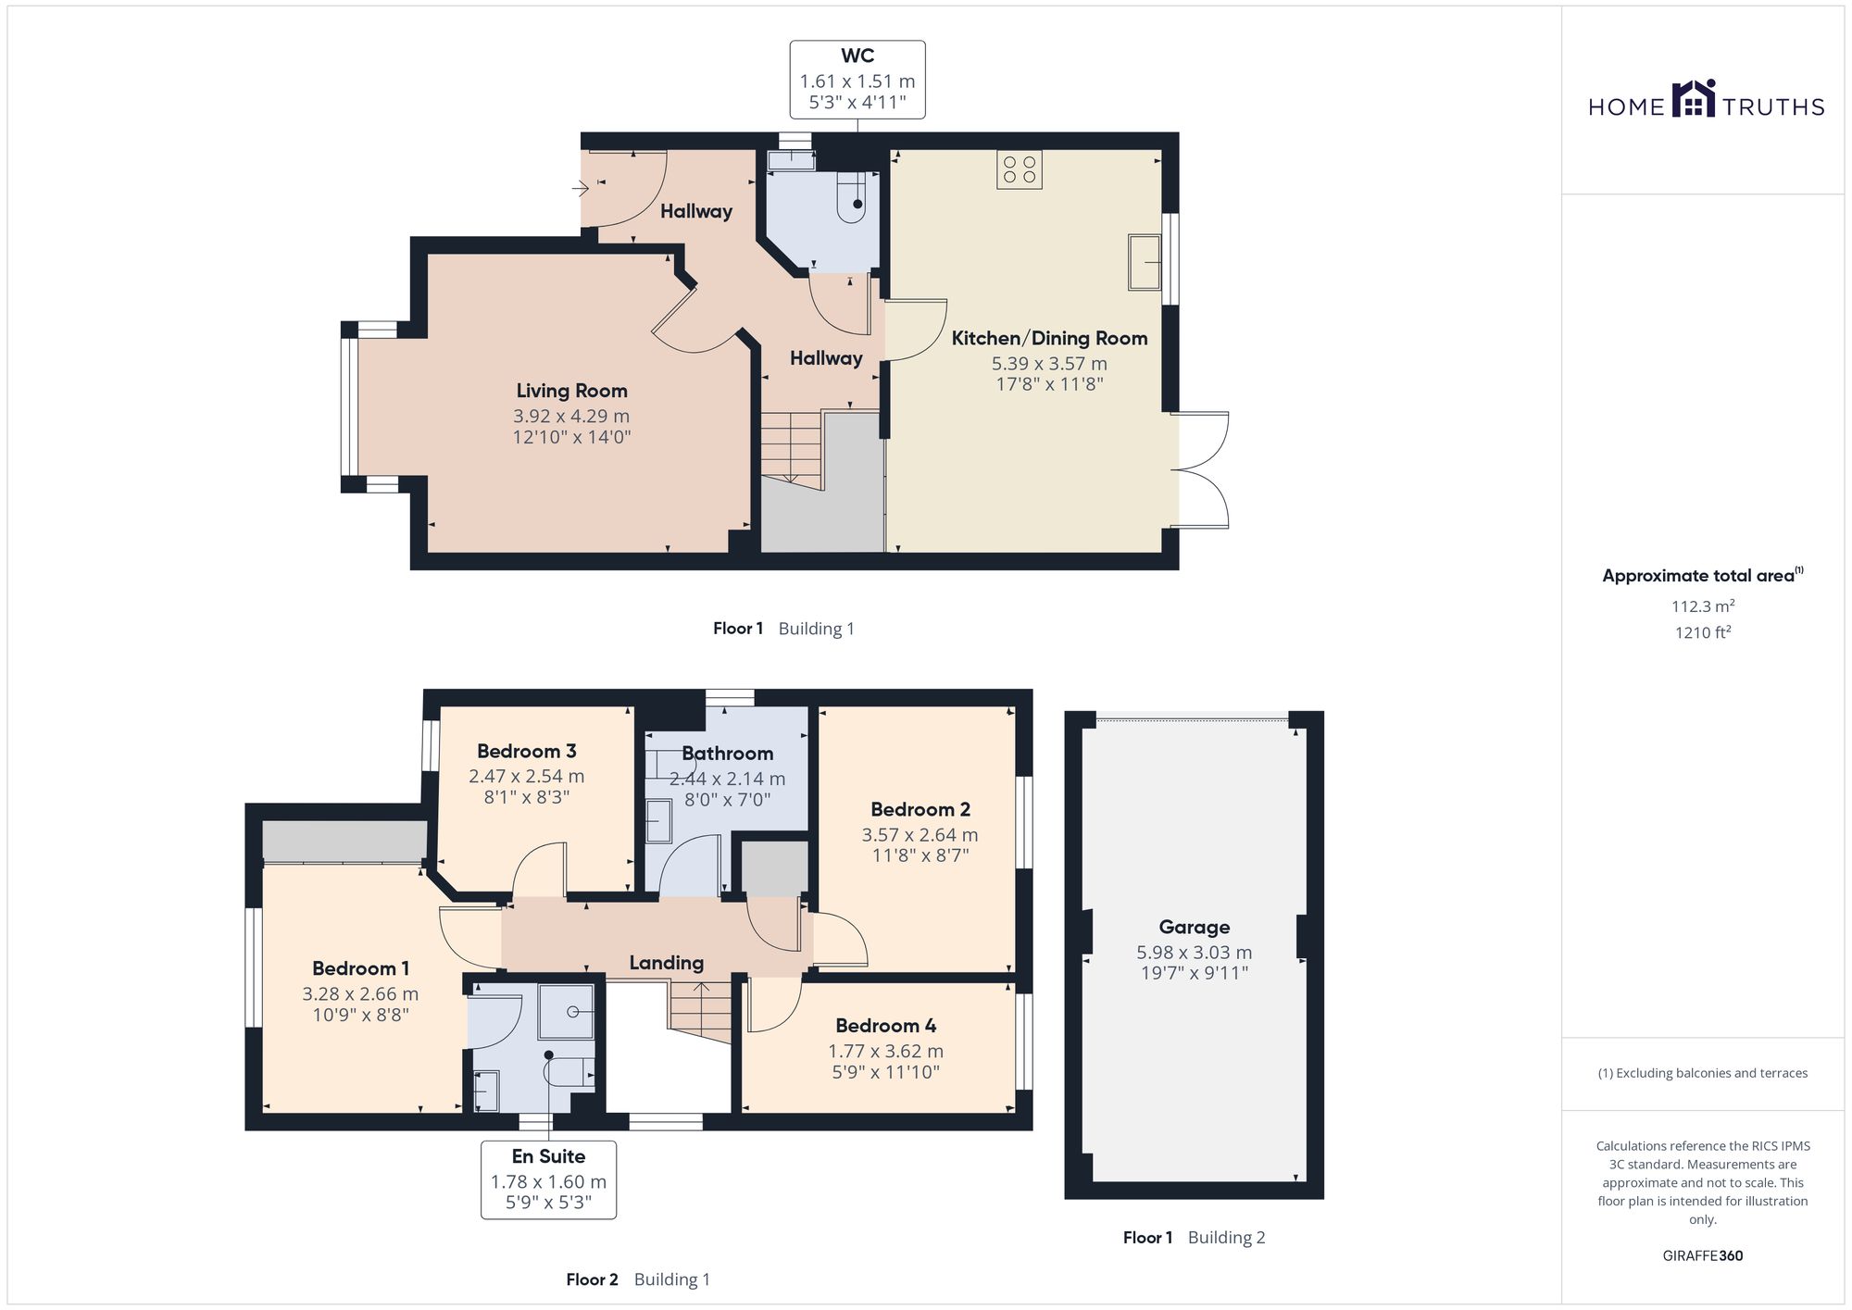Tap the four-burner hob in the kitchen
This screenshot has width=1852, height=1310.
(1019, 169)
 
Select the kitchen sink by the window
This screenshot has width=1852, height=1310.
(1145, 262)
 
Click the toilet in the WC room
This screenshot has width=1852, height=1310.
(851, 198)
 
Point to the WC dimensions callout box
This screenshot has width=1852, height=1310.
(857, 80)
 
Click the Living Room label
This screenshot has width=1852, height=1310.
(571, 391)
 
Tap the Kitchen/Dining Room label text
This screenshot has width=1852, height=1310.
(1049, 338)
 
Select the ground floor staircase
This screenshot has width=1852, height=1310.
(792, 450)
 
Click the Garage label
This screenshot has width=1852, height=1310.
(1195, 927)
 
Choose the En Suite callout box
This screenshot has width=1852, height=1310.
(548, 1179)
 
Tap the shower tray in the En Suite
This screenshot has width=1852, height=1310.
(566, 1012)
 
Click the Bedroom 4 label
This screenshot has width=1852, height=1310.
(885, 1025)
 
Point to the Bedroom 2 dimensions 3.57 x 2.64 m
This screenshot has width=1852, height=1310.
(920, 834)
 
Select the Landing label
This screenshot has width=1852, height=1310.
(666, 963)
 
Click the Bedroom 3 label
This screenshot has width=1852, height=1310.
(527, 751)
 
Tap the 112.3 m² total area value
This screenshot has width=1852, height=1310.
(1703, 606)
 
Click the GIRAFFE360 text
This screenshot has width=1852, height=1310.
(1703, 1255)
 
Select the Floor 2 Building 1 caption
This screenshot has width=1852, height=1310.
(638, 1279)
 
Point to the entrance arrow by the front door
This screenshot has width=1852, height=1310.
(580, 190)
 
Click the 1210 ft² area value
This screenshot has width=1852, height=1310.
(1703, 632)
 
